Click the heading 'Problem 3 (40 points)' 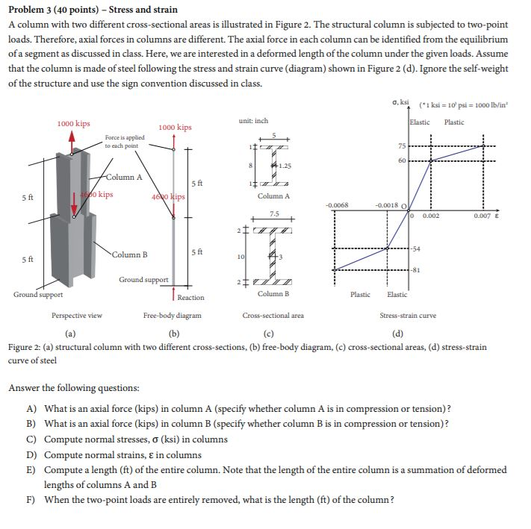[55, 10]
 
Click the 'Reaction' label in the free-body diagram [192, 297]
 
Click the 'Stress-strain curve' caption [408, 316]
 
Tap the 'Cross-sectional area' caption [273, 316]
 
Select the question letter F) [31, 499]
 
